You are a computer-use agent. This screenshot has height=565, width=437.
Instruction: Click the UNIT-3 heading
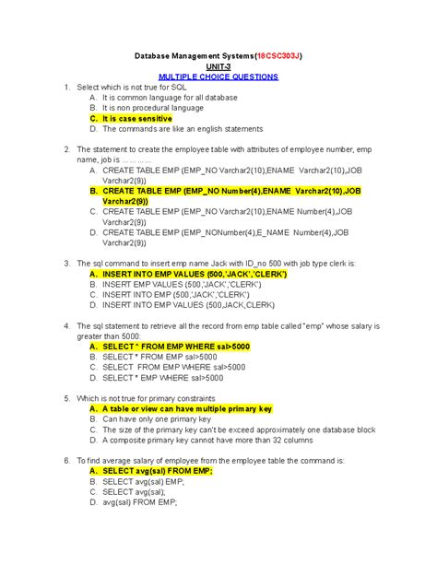[218, 67]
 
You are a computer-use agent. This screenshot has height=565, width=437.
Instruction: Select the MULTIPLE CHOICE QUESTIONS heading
[218, 78]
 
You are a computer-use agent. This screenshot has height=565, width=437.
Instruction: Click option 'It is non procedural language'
[153, 108]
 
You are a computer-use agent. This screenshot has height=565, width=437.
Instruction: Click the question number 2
[67, 149]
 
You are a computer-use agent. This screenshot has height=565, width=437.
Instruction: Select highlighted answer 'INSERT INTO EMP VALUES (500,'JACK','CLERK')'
[195, 274]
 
